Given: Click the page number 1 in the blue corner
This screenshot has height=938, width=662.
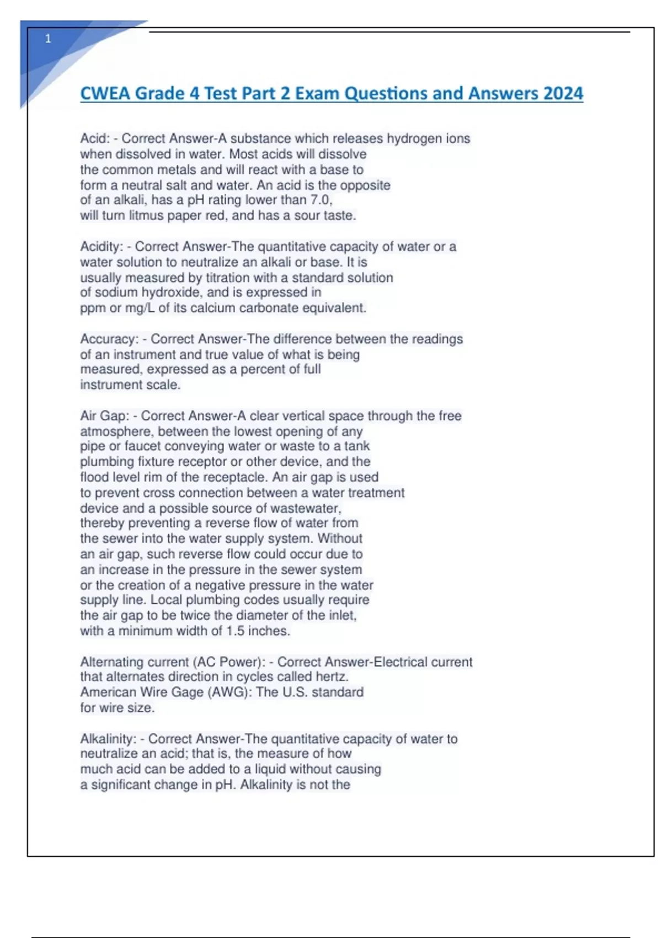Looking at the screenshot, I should (x=48, y=39).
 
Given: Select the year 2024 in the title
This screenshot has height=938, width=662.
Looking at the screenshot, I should (x=563, y=93).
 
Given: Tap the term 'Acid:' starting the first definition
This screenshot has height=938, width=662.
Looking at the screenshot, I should (x=95, y=138).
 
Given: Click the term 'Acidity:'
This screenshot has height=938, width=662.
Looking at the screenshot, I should (x=102, y=247).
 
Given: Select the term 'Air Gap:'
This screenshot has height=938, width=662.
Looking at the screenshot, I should (x=105, y=415).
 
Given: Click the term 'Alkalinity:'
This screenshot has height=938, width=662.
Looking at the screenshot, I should (x=108, y=739).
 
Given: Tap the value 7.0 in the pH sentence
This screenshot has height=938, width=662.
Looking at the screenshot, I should (x=321, y=200).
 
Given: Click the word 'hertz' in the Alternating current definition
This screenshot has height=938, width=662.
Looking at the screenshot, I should (x=331, y=676).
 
